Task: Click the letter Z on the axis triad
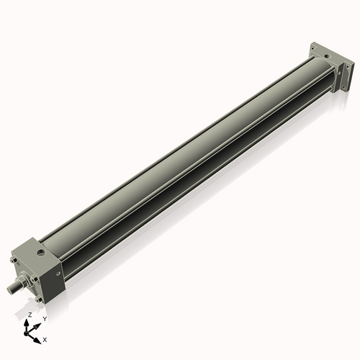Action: tap(30, 315)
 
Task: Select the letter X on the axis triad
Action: tap(45, 338)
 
